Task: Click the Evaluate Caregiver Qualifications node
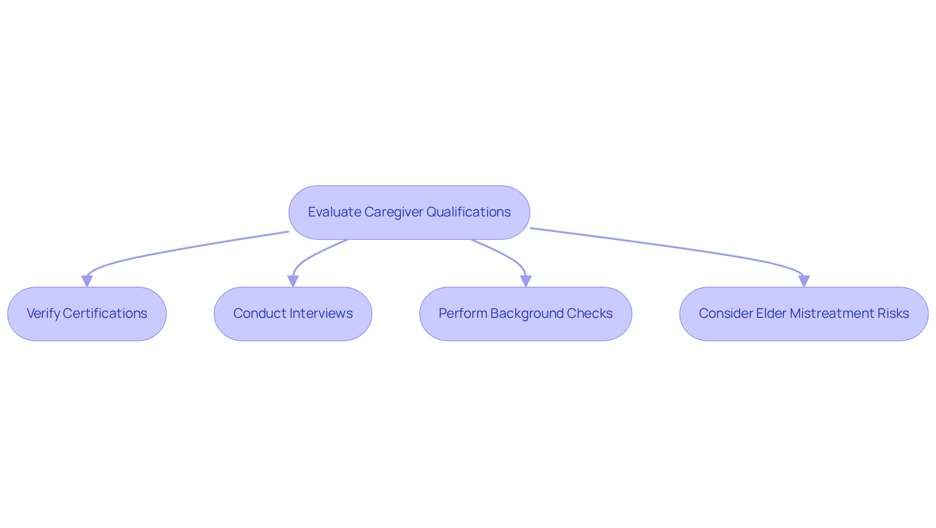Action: point(409,213)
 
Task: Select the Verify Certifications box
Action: point(87,314)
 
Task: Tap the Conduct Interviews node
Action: point(292,314)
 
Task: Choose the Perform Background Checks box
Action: point(526,314)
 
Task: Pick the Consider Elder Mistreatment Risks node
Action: point(803,314)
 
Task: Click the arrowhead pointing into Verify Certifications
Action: point(87,281)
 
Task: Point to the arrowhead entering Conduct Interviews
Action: point(293,281)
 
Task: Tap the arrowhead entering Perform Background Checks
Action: point(526,281)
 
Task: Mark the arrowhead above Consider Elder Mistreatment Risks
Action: point(804,281)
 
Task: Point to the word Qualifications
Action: point(468,212)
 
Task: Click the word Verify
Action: point(43,313)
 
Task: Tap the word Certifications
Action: point(105,313)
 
